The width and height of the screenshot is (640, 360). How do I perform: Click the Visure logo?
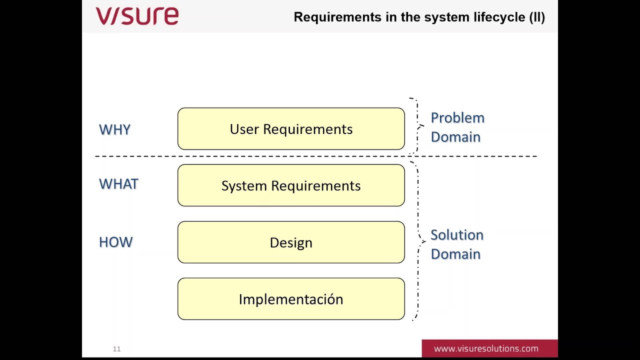point(137,16)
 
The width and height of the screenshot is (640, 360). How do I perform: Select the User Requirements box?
point(291,129)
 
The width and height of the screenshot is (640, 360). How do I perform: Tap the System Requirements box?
point(291,185)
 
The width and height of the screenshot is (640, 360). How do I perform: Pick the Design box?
point(291,242)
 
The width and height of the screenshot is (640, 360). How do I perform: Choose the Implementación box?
point(291,299)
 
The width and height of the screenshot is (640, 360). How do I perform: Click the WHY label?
point(114,129)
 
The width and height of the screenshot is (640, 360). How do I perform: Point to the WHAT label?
point(118,184)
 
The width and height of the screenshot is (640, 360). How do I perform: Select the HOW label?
point(115,242)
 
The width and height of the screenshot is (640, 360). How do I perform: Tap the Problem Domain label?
point(457,127)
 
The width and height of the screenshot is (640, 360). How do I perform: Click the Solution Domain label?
point(456,244)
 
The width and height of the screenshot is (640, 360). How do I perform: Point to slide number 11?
point(116,349)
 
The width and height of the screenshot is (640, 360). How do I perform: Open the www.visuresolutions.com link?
point(486,348)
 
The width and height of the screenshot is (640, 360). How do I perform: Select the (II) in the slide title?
point(537,17)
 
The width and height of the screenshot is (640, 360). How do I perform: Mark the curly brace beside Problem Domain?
point(416,126)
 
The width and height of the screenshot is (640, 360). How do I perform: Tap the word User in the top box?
point(244,129)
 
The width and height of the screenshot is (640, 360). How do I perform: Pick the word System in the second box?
point(244,185)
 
